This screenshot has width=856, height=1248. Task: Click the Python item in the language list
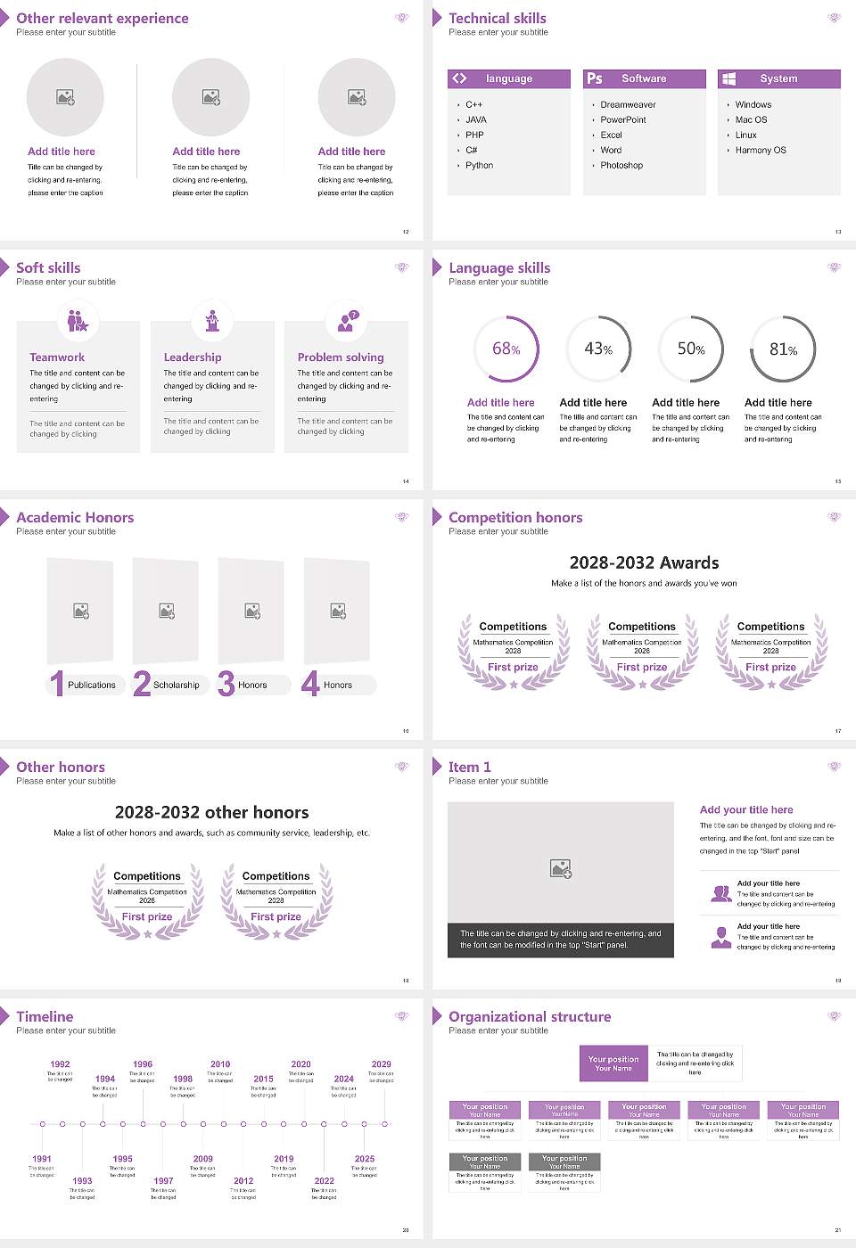[x=479, y=166]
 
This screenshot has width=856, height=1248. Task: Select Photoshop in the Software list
[x=621, y=166]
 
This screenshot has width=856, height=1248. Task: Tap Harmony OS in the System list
[x=761, y=151]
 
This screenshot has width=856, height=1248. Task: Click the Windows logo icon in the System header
[x=728, y=78]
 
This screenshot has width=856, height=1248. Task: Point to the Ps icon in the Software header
[x=595, y=78]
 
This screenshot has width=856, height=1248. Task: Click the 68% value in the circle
[x=506, y=349]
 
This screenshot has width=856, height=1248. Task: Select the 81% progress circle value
[x=783, y=349]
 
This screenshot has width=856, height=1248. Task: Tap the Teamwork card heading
[x=57, y=357]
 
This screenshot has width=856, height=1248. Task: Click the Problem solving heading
[x=341, y=357]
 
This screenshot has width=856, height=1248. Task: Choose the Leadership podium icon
[x=212, y=320]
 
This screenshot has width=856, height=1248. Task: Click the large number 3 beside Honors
[x=226, y=684]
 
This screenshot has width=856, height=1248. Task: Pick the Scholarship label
[x=176, y=686]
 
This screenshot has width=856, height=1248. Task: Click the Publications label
[x=92, y=686]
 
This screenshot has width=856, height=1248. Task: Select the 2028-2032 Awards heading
[x=644, y=562]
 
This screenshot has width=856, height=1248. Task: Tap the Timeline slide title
[x=45, y=1016]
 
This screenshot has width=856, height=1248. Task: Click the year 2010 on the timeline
[x=220, y=1064]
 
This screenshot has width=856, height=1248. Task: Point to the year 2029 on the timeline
[x=381, y=1064]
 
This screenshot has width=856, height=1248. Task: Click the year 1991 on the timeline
[x=42, y=1159]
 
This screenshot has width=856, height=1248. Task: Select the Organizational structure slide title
[x=530, y=1016]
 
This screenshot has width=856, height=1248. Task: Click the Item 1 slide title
[x=469, y=767]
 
